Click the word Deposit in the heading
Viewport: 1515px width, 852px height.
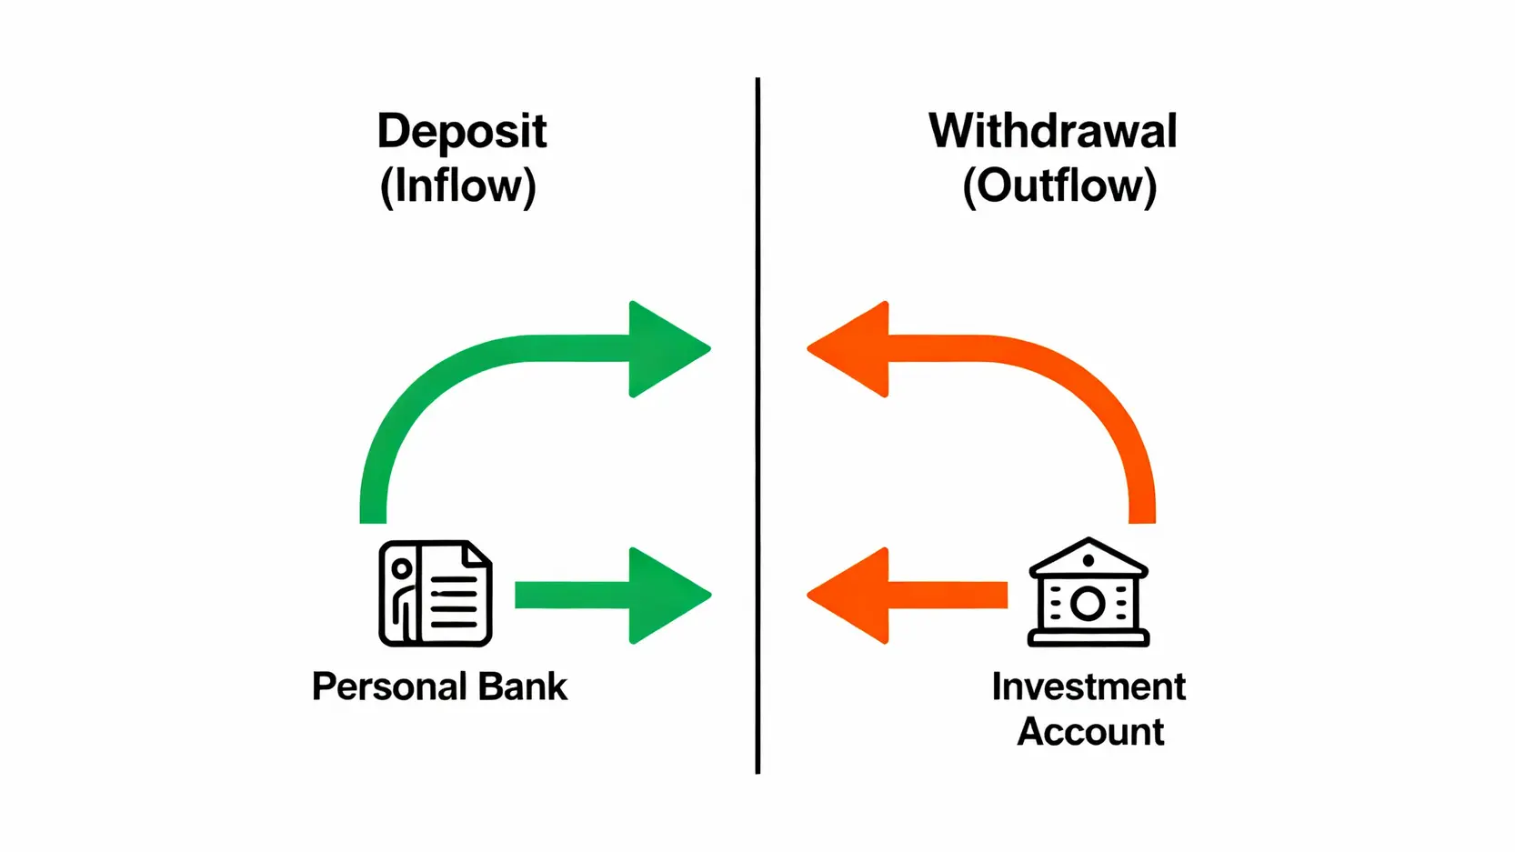[x=462, y=133]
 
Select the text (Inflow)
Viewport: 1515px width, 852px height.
[x=458, y=186]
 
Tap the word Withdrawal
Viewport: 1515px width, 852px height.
[x=1052, y=131]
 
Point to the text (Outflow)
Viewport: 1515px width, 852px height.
[x=1059, y=186]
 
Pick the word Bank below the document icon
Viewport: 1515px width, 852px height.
[x=523, y=687]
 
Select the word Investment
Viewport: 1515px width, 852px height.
[x=1089, y=687]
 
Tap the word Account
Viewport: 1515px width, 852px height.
[x=1090, y=732]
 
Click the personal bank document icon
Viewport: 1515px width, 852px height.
[x=436, y=594]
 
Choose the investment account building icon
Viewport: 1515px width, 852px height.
[x=1089, y=593]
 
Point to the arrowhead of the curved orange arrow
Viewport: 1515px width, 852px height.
[x=851, y=349]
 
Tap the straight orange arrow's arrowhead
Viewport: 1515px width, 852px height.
[x=851, y=596]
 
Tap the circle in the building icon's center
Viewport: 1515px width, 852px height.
[x=1089, y=603]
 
